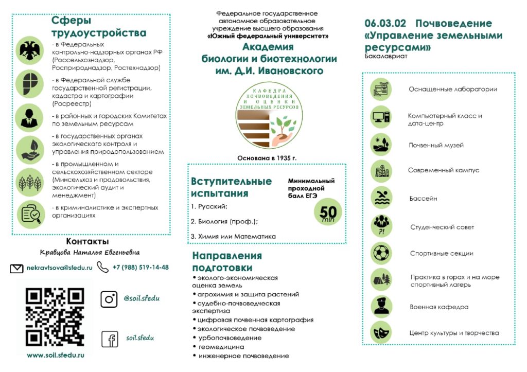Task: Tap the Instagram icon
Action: pyautogui.click(x=109, y=299)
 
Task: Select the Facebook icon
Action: pyautogui.click(x=109, y=339)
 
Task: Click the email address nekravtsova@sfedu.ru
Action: pyautogui.click(x=59, y=268)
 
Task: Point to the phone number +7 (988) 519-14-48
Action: pyautogui.click(x=140, y=268)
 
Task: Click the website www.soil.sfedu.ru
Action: pyautogui.click(x=56, y=355)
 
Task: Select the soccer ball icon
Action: pyautogui.click(x=381, y=253)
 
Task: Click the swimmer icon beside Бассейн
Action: pyautogui.click(x=381, y=198)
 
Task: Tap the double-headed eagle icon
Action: pyautogui.click(x=30, y=50)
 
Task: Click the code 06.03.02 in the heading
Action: pyautogui.click(x=385, y=23)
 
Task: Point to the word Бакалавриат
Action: pyautogui.click(x=385, y=56)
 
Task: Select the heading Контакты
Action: pyautogui.click(x=87, y=241)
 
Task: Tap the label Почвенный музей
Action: pyautogui.click(x=436, y=145)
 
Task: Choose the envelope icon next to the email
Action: pyautogui.click(x=17, y=268)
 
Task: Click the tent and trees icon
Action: pyautogui.click(x=381, y=279)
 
